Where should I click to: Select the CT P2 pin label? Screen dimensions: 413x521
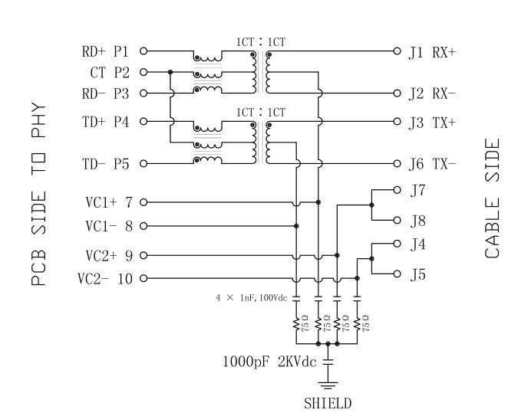[111, 72]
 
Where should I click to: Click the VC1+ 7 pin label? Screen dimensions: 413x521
[107, 202]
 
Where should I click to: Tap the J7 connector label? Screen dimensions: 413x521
[418, 189]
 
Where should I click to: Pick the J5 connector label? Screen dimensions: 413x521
[418, 274]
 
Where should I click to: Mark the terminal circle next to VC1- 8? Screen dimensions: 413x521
[143, 226]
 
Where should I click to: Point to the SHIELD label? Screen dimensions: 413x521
[328, 402]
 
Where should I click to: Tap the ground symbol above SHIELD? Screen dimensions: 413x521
[328, 382]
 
